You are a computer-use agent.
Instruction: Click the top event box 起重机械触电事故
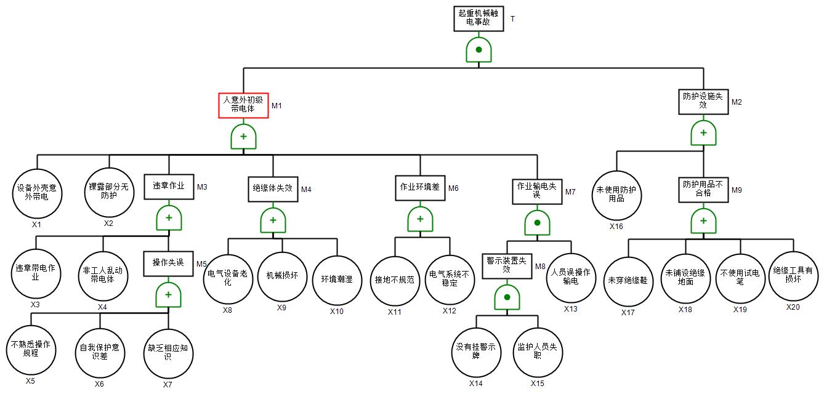[479, 18]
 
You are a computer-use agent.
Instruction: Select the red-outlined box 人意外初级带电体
[243, 105]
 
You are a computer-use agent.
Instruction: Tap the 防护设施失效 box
[703, 101]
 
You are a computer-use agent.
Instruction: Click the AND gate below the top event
[479, 50]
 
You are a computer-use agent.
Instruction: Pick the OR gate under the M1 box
[243, 137]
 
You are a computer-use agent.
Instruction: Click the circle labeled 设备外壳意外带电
[36, 193]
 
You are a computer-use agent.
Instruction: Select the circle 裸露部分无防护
[109, 192]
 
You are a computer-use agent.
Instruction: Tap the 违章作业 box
[169, 187]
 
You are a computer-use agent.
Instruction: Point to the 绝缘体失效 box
[273, 188]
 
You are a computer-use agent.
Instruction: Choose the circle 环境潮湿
[337, 280]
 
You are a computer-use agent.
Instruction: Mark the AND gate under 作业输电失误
[537, 223]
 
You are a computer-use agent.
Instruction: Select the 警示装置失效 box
[507, 265]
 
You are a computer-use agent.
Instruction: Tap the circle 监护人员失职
[538, 352]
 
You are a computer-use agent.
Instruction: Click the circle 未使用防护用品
[616, 195]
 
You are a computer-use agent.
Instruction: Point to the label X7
[168, 385]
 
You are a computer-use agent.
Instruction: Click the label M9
[737, 190]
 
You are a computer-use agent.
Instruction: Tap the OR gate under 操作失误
[168, 295]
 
